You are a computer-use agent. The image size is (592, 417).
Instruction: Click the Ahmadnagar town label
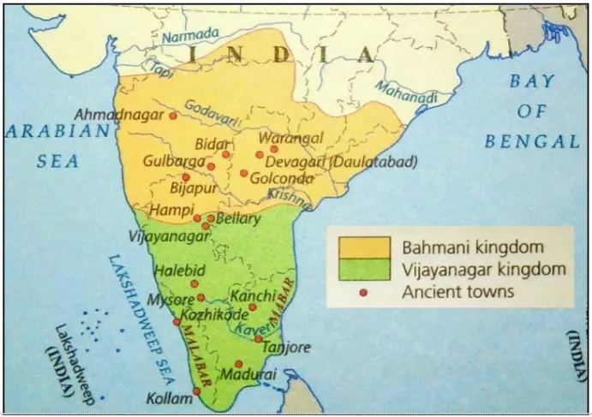(119, 114)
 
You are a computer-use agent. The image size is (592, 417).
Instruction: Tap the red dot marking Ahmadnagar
(173, 115)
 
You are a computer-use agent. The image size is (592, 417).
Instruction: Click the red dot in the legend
(363, 292)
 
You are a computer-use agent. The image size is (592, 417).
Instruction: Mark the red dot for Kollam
(197, 391)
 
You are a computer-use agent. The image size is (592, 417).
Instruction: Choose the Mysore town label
(166, 300)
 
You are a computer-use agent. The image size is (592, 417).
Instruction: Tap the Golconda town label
(281, 178)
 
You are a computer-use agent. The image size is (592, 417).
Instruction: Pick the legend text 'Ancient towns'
(458, 292)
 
